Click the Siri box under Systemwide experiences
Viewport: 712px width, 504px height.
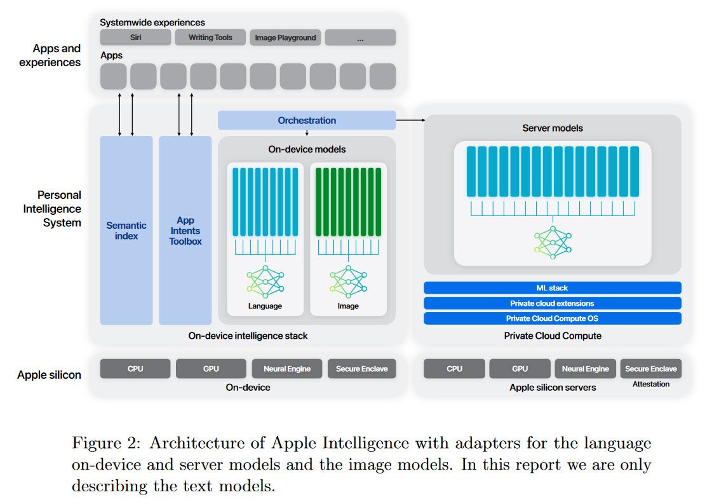135,37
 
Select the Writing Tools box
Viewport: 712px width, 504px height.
210,37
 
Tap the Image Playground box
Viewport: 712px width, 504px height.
285,37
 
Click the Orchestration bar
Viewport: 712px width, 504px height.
307,120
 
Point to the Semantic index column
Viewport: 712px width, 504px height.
126,230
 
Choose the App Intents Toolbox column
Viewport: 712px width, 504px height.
185,230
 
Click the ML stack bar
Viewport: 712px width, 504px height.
552,288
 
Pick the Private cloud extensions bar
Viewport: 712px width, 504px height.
552,303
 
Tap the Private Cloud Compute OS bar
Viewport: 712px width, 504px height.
552,318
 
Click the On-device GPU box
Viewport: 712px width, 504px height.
211,369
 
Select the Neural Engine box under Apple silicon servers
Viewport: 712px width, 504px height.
585,369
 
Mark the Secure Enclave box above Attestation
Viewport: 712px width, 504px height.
650,369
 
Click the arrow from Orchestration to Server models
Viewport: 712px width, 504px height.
410,119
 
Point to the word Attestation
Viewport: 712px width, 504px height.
650,384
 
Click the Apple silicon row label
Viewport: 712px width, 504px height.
49,375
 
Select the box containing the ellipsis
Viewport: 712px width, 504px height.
360,37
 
